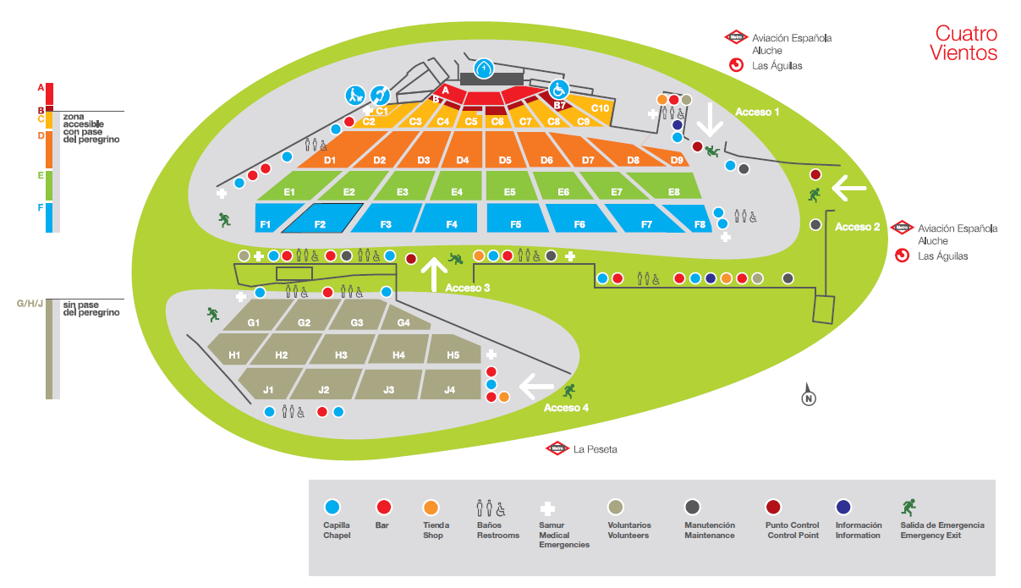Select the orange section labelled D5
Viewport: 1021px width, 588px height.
pyautogui.click(x=505, y=160)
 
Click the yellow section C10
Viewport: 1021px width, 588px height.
pyautogui.click(x=600, y=108)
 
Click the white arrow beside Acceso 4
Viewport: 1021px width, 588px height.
pyautogui.click(x=536, y=387)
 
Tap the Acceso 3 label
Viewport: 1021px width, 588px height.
pyautogui.click(x=468, y=288)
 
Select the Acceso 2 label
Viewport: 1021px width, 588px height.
pyautogui.click(x=858, y=227)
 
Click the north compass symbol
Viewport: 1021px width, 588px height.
pyautogui.click(x=809, y=396)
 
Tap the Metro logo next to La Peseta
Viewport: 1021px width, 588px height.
pyautogui.click(x=556, y=448)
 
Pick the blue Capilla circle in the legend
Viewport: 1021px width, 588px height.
pyautogui.click(x=332, y=507)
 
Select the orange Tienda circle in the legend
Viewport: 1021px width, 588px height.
pyautogui.click(x=431, y=507)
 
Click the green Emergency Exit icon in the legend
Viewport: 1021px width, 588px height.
pyautogui.click(x=909, y=507)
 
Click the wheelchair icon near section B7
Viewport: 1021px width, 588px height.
pyautogui.click(x=557, y=89)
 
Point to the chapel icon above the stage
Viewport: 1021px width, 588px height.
pyautogui.click(x=483, y=69)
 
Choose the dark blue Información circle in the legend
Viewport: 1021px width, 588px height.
pyautogui.click(x=843, y=507)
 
